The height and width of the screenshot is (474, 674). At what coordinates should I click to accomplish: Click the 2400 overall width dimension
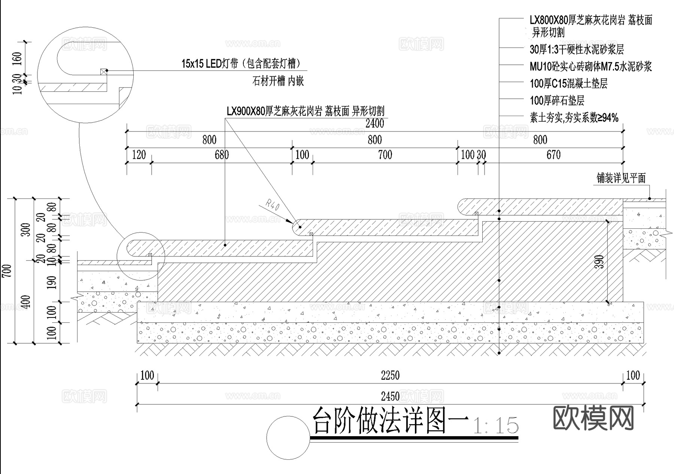374,123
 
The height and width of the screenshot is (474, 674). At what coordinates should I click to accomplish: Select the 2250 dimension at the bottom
390,375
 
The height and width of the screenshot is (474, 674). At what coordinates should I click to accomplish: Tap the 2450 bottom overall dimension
390,396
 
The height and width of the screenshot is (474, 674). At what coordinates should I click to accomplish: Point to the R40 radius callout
272,205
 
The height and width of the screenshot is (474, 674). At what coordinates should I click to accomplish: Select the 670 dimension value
553,155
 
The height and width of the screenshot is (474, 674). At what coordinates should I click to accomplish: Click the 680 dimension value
222,155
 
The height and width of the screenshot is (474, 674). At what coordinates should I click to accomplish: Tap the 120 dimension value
139,155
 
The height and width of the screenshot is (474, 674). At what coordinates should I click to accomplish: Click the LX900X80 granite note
305,111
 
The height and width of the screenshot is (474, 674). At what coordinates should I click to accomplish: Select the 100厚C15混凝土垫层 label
568,83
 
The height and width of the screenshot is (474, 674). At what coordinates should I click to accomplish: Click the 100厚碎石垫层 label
557,100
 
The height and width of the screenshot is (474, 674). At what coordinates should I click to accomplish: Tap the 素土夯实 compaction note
574,118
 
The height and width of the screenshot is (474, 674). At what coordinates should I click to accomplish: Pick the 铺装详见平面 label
621,178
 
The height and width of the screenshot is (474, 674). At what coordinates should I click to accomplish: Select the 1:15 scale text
496,426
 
